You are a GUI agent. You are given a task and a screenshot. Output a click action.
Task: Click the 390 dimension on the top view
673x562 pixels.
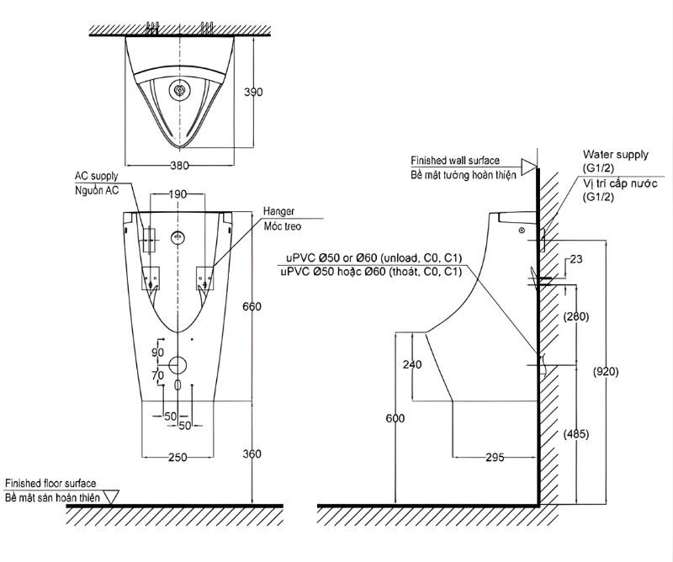(253, 92)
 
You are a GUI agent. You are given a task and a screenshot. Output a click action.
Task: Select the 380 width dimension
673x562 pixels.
(179, 165)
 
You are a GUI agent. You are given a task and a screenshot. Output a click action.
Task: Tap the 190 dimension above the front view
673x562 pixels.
(177, 194)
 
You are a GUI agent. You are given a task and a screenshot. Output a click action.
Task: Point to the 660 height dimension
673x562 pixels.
(252, 306)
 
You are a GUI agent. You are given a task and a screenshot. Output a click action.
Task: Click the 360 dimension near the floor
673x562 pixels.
(252, 453)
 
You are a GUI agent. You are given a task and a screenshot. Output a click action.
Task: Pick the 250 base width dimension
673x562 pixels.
(178, 457)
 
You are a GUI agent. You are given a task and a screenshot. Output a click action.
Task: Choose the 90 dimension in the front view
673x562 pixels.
(158, 352)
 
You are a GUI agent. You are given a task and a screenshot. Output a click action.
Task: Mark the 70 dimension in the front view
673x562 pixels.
(158, 375)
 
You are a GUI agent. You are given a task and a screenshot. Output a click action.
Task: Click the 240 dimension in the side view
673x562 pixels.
(412, 364)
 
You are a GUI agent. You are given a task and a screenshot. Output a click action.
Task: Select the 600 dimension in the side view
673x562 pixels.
(395, 418)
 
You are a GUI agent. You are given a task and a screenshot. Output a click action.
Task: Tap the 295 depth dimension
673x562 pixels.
(495, 458)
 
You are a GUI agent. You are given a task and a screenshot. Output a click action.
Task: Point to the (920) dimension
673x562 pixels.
(606, 372)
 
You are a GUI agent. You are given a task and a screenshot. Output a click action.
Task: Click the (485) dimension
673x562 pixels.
(576, 434)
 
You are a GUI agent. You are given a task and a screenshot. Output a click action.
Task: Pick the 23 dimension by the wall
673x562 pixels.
(576, 259)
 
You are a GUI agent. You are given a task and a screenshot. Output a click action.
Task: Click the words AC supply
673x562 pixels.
(96, 176)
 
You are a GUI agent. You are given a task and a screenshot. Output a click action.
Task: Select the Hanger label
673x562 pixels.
(279, 211)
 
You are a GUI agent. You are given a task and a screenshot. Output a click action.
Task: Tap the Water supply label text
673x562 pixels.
(616, 155)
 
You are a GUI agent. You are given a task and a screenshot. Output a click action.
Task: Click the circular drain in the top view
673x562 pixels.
(179, 90)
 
